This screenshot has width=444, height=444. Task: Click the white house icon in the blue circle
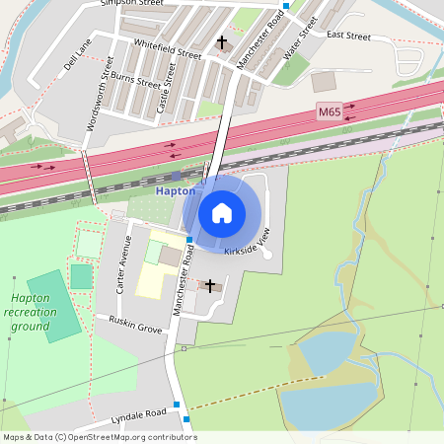[222, 213]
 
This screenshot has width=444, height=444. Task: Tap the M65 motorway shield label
[330, 113]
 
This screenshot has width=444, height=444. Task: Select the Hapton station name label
[177, 190]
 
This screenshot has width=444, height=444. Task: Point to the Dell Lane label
[77, 57]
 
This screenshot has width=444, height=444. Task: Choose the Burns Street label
[135, 78]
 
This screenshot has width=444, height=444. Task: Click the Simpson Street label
[132, 4]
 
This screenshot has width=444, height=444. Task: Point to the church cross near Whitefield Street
[221, 42]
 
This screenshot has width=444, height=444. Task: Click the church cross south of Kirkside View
[209, 285]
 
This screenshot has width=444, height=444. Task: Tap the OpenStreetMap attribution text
[100, 437]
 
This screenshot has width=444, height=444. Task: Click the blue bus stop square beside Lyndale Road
[175, 405]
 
